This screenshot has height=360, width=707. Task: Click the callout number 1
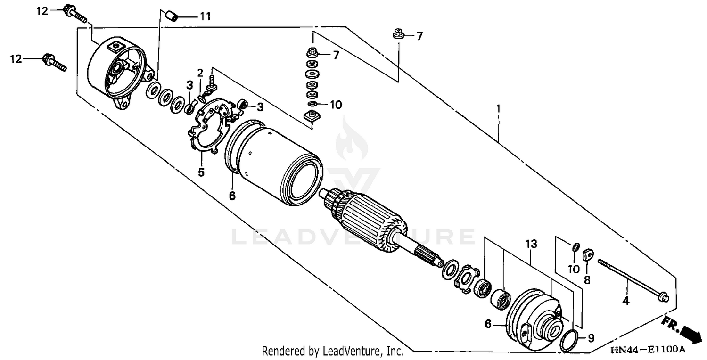click(x=498, y=108)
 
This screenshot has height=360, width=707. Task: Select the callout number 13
click(x=532, y=244)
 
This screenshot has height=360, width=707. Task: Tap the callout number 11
click(x=205, y=16)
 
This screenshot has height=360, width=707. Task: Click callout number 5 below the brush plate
click(x=201, y=172)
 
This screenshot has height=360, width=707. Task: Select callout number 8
click(x=587, y=280)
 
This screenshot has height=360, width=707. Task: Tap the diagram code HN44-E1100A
click(x=647, y=350)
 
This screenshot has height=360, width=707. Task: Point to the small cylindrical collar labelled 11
click(x=172, y=16)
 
